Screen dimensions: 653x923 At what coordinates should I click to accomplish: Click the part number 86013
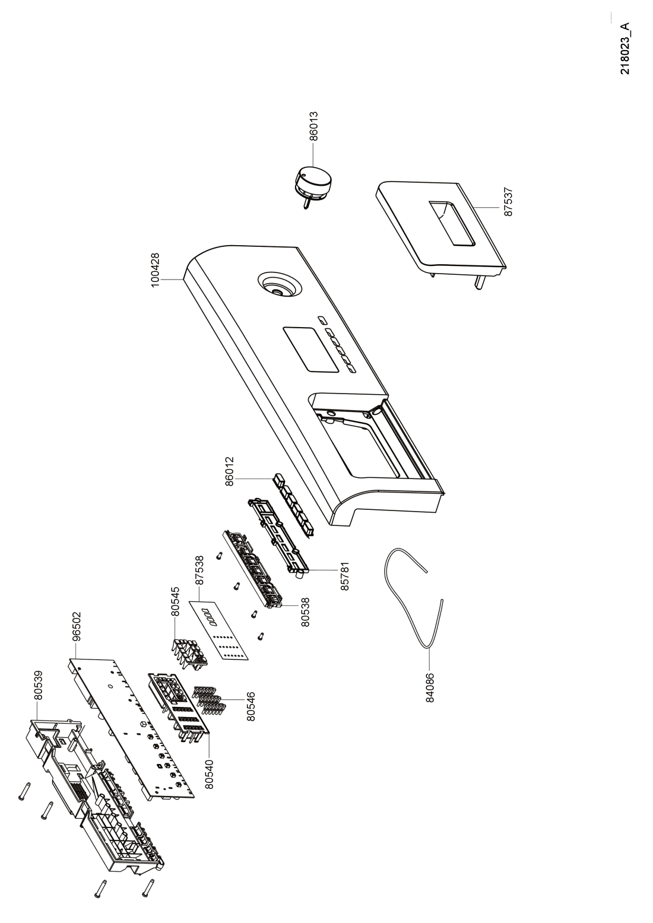tap(314, 126)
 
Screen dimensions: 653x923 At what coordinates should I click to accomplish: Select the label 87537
tap(509, 202)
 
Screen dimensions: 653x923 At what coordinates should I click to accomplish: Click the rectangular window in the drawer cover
tap(452, 224)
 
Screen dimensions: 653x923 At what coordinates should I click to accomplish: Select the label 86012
tap(230, 471)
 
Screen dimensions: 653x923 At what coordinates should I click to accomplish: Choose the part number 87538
tap(200, 570)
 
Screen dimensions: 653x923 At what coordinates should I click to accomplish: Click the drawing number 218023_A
tap(625, 49)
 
